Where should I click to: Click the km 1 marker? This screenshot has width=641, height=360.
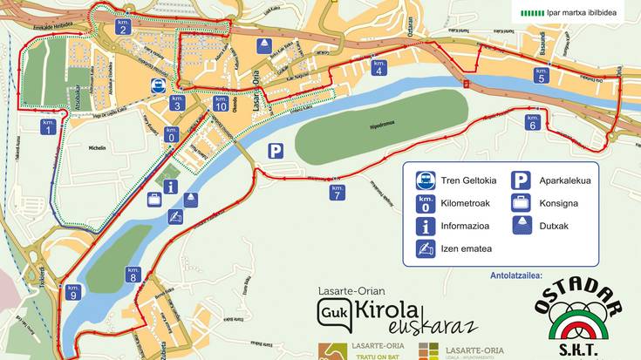click(47, 126)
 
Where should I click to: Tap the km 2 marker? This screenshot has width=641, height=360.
click(123, 26)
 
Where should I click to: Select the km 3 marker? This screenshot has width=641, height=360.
click(177, 103)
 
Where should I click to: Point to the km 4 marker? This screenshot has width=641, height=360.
click(378, 67)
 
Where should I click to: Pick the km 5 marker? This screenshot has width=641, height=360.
click(542, 75)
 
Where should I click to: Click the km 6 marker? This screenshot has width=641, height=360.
click(532, 122)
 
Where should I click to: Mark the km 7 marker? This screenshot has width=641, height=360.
click(338, 192)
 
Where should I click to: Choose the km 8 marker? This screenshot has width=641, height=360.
click(133, 275)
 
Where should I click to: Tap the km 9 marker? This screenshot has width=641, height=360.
click(73, 292)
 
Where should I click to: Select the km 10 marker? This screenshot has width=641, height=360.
click(221, 103)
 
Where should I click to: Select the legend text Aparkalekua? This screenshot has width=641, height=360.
click(565, 180)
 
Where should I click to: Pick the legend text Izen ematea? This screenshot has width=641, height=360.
click(466, 248)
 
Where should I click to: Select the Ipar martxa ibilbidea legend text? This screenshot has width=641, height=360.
click(583, 13)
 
